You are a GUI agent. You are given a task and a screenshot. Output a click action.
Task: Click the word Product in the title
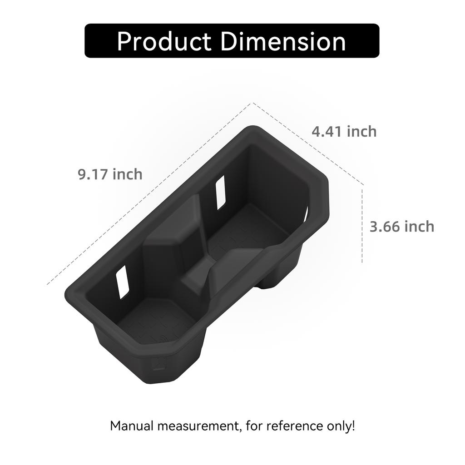[x=164, y=41]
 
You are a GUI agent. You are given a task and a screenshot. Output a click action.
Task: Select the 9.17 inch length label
[x=110, y=174]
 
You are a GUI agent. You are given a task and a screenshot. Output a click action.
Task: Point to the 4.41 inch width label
[x=344, y=131]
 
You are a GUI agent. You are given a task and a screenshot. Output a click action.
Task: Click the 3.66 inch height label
[x=401, y=226]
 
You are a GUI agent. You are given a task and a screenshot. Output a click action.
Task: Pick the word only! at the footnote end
[x=341, y=426]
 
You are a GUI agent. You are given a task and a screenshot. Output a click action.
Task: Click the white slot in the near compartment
[x=122, y=282]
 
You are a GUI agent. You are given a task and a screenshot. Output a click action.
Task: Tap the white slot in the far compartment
[x=221, y=193]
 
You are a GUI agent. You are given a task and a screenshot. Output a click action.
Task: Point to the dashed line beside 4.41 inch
[x=309, y=144]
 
